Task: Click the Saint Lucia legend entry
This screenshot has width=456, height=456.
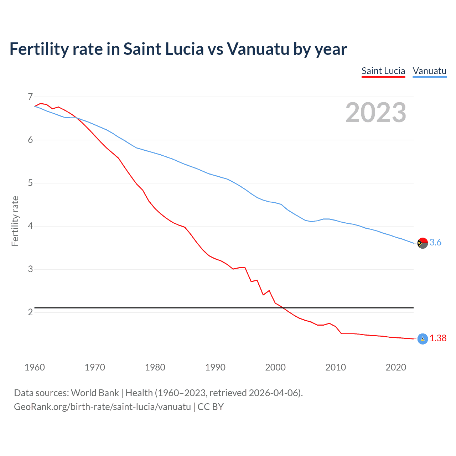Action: pos(383,71)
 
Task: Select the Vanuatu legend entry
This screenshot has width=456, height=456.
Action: pos(429,71)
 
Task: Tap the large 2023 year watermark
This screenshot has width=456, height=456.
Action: pos(375,113)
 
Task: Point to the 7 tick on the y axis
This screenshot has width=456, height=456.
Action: pos(30,97)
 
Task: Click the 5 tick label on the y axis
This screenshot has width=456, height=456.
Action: pos(30,183)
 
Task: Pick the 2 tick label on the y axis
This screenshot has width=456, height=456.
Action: pos(30,312)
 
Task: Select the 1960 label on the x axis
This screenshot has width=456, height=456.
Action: pos(35,367)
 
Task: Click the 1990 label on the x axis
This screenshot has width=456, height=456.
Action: pos(215,367)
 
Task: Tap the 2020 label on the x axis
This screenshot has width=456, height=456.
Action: pos(396,367)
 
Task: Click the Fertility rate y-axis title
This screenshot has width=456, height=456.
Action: pos(15,221)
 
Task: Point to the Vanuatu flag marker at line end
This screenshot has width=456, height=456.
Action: pos(422,243)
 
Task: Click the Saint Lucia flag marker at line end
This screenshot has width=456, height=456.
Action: pos(422,339)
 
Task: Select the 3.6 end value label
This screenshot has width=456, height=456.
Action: pos(435,243)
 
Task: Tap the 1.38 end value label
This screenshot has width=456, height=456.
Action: pos(438,338)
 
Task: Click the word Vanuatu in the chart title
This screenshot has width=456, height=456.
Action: pos(258,49)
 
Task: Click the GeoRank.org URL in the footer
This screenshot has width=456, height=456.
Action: pos(102,407)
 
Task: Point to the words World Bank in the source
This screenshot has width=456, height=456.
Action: pos(95,393)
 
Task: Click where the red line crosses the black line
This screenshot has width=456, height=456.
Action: pos(283,307)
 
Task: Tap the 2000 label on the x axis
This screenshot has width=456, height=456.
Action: pos(275,367)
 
